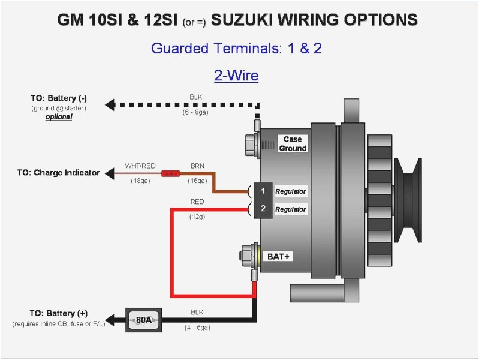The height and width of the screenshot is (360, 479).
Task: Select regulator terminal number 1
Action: click(263, 191)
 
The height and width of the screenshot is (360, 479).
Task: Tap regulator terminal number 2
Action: click(263, 209)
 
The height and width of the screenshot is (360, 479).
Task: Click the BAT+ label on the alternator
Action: click(278, 256)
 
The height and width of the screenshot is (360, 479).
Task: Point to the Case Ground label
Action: click(293, 143)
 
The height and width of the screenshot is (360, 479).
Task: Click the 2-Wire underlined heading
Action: click(236, 76)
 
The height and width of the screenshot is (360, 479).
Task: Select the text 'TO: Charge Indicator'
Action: click(58, 173)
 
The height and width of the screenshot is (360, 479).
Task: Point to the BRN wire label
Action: click(198, 166)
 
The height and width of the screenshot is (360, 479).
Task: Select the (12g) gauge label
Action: click(197, 216)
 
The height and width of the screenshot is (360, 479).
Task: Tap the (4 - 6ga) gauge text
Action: click(197, 328)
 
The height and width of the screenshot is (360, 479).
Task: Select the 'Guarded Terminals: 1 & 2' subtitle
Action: click(236, 49)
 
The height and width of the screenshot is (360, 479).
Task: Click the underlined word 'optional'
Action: click(59, 117)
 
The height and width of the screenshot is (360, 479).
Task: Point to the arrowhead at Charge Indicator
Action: click(110, 173)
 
